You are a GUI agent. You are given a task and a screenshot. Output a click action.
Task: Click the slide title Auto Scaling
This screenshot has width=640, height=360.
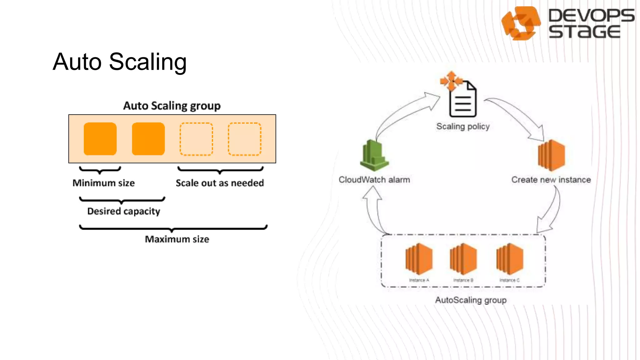pos(120,62)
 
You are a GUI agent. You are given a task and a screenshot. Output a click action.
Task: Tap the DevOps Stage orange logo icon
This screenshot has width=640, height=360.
pos(521,23)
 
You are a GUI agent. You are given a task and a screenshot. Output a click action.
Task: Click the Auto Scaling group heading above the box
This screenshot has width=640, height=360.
pos(172,106)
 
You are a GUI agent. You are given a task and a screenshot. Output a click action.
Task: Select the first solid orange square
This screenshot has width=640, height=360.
pos(100,139)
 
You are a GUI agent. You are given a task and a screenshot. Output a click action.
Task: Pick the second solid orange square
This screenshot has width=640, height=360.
pos(148,139)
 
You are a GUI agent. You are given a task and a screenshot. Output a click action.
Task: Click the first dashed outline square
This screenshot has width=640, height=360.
pos(196,139)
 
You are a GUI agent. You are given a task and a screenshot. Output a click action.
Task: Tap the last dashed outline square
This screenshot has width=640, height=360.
pos(244,139)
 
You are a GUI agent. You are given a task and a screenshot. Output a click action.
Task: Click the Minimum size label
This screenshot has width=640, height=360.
pos(103,183)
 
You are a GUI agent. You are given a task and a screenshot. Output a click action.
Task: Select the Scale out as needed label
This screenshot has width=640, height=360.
pos(220,183)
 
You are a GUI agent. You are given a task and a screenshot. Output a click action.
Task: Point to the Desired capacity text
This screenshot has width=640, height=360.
pos(123,211)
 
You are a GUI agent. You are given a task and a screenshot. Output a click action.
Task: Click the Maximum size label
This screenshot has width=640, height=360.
pos(177,239)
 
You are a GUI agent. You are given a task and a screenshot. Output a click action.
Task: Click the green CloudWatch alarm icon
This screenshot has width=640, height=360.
pos(374,155)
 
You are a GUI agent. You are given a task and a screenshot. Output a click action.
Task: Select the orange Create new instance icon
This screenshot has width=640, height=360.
pos(551,155)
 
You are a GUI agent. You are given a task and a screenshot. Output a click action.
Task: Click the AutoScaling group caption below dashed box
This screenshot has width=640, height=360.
pos(471,300)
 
